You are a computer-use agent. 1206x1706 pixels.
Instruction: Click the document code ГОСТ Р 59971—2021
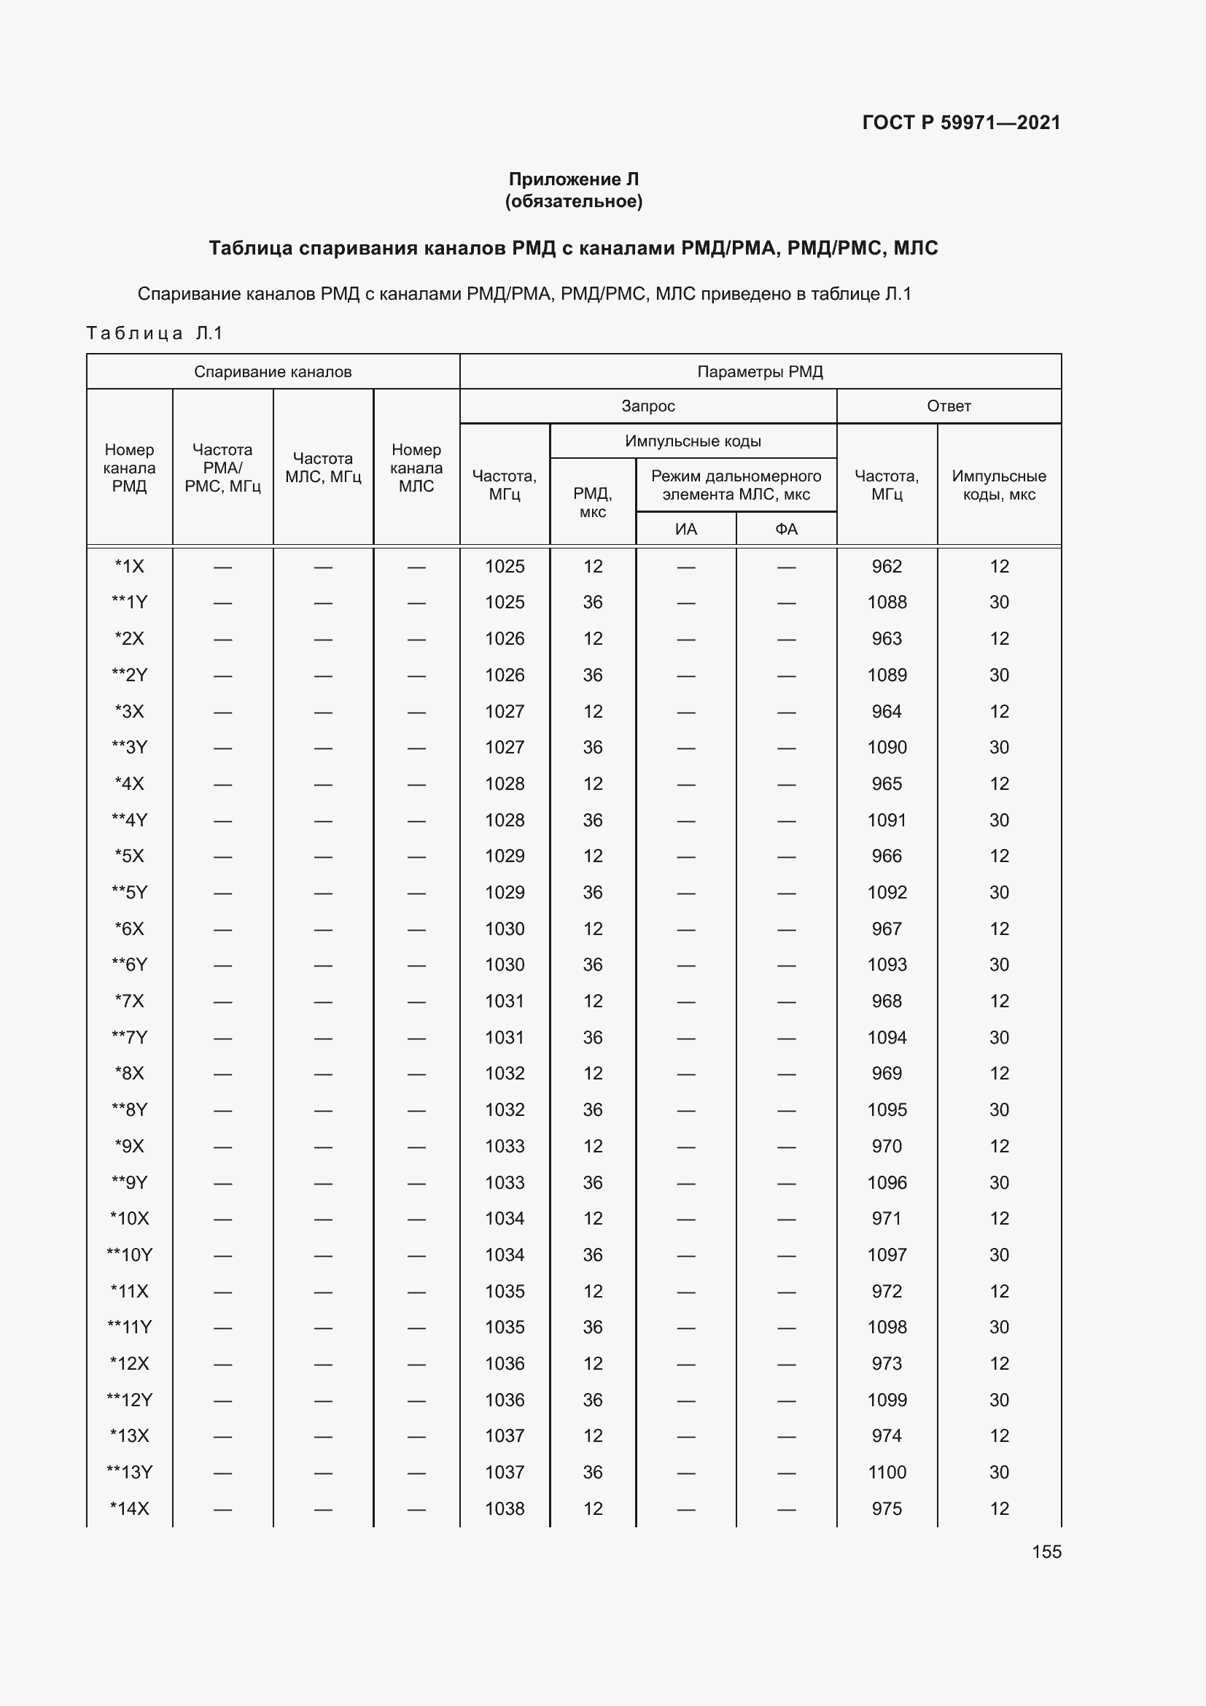click(x=961, y=123)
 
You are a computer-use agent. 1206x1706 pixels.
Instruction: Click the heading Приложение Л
click(x=573, y=179)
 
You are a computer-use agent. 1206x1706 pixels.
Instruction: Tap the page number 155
click(x=1046, y=1551)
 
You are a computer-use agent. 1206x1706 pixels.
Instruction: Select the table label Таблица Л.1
click(x=155, y=333)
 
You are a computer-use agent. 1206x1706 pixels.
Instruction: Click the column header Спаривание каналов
click(x=273, y=371)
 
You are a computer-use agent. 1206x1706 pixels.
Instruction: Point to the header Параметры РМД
click(x=760, y=371)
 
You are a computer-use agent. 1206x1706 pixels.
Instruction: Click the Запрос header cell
click(x=647, y=406)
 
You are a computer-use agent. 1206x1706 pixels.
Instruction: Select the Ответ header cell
click(x=949, y=406)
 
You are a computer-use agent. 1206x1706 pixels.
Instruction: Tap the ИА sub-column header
click(x=685, y=529)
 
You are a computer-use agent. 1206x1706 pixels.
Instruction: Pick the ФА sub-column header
click(x=786, y=529)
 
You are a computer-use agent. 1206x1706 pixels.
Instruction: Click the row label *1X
click(x=129, y=566)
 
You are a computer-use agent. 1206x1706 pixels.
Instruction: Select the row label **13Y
click(x=129, y=1472)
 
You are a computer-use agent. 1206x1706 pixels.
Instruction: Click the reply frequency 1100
click(x=887, y=1472)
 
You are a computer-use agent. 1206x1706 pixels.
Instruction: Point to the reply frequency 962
click(x=887, y=566)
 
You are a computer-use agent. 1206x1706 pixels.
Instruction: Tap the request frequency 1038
click(x=505, y=1508)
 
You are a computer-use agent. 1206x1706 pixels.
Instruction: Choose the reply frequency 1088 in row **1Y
click(x=887, y=602)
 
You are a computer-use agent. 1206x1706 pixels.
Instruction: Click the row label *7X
click(x=129, y=1001)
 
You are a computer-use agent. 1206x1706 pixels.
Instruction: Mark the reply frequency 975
click(x=887, y=1508)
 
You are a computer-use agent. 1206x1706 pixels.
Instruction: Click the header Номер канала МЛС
click(x=416, y=468)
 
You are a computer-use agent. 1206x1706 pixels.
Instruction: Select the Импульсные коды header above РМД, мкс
click(x=692, y=441)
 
